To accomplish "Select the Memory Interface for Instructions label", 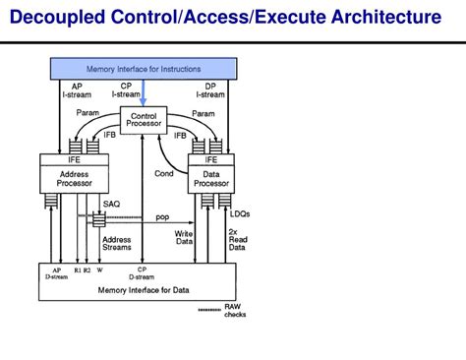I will click(x=144, y=69).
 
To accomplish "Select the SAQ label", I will click(x=112, y=204).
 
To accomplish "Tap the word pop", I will click(x=162, y=216).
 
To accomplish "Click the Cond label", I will click(x=164, y=173).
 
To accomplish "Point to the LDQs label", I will click(x=239, y=214).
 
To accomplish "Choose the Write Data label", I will click(x=184, y=238).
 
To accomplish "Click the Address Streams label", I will click(x=117, y=243).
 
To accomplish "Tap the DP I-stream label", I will click(x=211, y=90).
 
